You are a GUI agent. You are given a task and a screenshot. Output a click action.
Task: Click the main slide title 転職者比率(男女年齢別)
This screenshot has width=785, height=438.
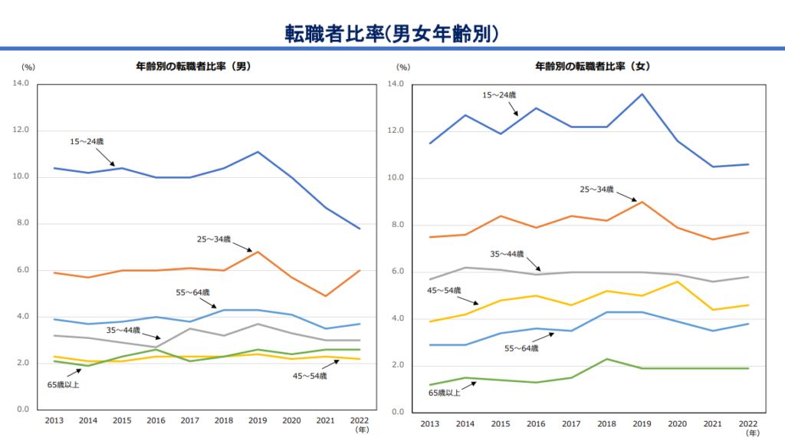point(392,33)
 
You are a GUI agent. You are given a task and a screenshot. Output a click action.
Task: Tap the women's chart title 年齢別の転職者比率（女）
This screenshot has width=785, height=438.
point(593,67)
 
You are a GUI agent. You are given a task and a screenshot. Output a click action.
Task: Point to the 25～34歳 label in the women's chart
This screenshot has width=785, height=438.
point(597,189)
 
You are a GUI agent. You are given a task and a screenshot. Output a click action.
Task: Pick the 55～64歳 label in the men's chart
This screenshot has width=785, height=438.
point(192,292)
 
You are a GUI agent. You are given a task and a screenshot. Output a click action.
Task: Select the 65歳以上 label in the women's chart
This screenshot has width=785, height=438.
point(445,393)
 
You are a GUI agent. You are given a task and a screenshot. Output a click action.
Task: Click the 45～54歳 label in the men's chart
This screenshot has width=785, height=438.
point(310,376)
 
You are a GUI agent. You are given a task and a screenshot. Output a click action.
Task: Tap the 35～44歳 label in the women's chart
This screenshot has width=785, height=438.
point(507,253)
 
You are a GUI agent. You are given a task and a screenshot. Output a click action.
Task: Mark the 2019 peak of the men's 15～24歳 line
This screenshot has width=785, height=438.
point(258,152)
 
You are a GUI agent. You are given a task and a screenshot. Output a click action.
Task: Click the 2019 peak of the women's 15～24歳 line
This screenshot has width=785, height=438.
point(642,94)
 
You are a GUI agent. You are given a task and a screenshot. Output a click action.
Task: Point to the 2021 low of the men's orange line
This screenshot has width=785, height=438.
point(326,296)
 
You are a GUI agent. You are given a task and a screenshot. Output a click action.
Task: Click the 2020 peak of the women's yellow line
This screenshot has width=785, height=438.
point(675,282)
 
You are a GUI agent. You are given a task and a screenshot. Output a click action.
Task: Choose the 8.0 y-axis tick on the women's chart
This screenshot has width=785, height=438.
point(396,226)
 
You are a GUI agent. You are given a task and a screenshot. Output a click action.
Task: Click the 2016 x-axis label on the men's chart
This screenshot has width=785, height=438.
point(156,421)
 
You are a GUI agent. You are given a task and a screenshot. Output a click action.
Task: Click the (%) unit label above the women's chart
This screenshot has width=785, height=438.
point(405,68)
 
